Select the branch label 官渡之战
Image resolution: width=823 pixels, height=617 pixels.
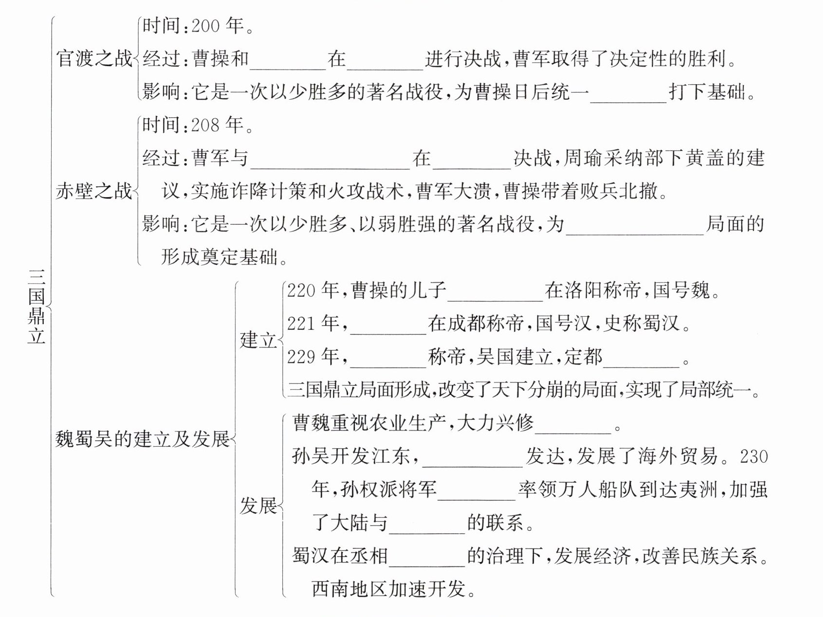[94, 58]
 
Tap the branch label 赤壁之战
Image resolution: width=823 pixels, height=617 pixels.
[94, 191]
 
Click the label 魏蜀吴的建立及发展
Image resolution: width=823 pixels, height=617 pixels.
[142, 439]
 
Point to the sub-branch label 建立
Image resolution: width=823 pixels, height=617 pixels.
[257, 340]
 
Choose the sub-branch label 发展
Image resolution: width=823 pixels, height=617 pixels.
[257, 506]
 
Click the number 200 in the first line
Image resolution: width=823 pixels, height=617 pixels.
[205, 26]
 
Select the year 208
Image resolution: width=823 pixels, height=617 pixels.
[205, 126]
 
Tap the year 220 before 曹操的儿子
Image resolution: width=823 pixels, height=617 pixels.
[301, 291]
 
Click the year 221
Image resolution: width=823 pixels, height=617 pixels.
[301, 324]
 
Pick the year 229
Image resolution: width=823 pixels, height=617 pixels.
[301, 357]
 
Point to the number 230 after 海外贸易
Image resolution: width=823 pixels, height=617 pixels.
[753, 456]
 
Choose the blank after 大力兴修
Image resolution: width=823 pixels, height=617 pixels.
[573, 425]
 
